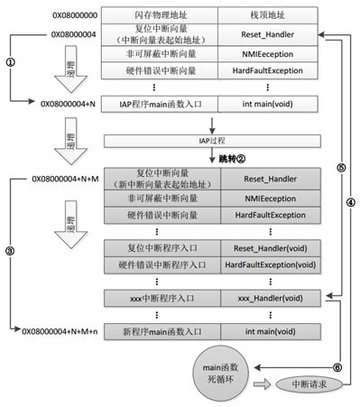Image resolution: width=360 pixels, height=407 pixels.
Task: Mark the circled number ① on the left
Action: (x=10, y=63)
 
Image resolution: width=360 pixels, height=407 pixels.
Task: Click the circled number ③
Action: (x=10, y=251)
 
